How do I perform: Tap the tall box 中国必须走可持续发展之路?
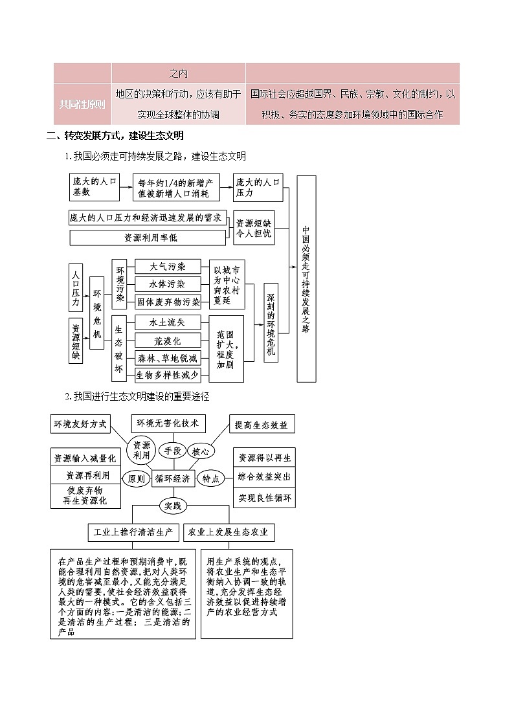pyautogui.click(x=306, y=278)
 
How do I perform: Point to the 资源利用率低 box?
pyautogui.click(x=148, y=238)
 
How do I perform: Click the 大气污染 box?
pyautogui.click(x=168, y=267)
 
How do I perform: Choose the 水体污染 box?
pyautogui.click(x=168, y=284)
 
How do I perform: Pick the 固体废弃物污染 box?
pyautogui.click(x=168, y=302)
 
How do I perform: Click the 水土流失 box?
pyautogui.click(x=168, y=322)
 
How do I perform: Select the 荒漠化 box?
pyautogui.click(x=168, y=341)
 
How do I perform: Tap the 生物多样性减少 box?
pyautogui.click(x=168, y=375)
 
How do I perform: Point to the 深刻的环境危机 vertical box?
pyautogui.click(x=271, y=322)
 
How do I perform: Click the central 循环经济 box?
pyautogui.click(x=173, y=478)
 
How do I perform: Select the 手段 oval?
pyautogui.click(x=172, y=451)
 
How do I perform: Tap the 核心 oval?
pyautogui.click(x=201, y=451)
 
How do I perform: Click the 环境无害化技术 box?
pyautogui.click(x=168, y=423)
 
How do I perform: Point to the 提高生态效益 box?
pyautogui.click(x=263, y=425)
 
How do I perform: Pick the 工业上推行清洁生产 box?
pyautogui.click(x=133, y=532)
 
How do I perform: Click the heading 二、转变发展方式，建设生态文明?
pyautogui.click(x=115, y=136)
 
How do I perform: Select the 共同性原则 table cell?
pyautogui.click(x=82, y=104)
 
